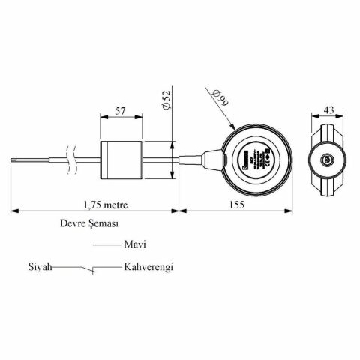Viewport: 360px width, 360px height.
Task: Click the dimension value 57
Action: [x=120, y=109]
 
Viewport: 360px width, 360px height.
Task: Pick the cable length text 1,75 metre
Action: [x=105, y=202]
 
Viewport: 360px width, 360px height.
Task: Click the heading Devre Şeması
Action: [x=90, y=223]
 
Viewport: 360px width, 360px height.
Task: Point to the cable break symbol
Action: [x=71, y=159]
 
